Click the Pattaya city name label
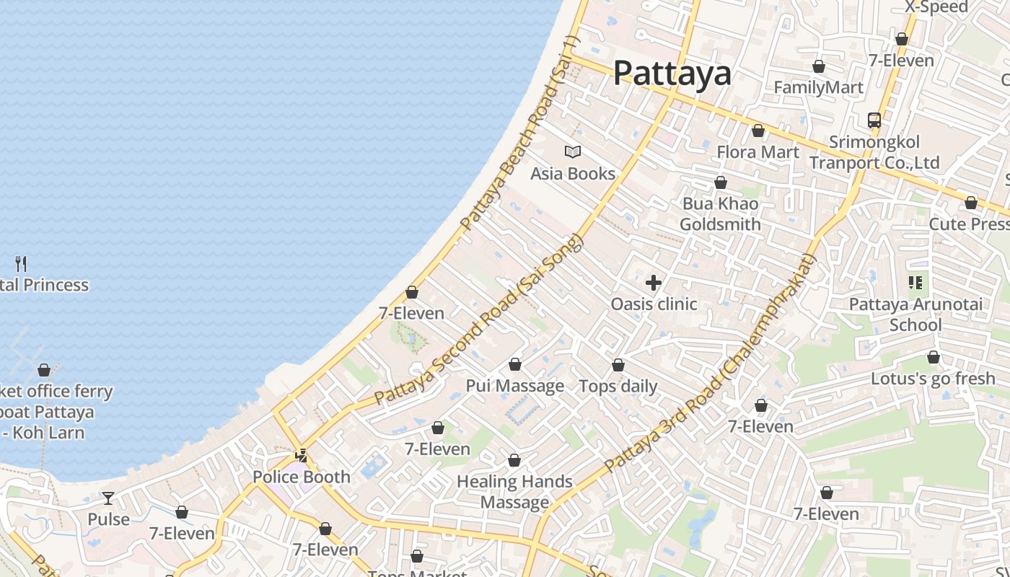(x=672, y=73)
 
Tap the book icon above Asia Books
(x=573, y=152)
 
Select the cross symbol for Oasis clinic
(x=654, y=283)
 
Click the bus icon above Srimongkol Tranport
(x=874, y=120)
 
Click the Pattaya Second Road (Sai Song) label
(x=478, y=319)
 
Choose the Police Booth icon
(x=302, y=456)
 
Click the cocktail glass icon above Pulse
(x=108, y=498)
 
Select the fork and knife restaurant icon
(x=21, y=264)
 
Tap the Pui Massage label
(x=514, y=386)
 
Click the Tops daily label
(x=618, y=386)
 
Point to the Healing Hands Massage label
(x=514, y=492)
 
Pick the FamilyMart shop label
(x=818, y=88)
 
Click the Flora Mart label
(x=757, y=152)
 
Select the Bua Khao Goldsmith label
(x=720, y=214)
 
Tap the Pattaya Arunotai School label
(x=915, y=314)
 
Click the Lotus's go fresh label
(x=933, y=379)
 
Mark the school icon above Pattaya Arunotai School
(x=915, y=283)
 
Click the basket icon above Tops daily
(x=618, y=365)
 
